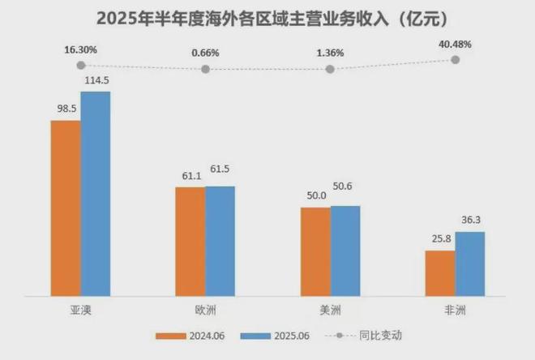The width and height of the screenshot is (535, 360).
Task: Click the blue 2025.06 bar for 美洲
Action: (345, 251)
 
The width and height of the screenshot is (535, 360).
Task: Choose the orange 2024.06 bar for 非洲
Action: (440, 274)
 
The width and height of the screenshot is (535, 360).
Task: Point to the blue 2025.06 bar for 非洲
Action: (470, 264)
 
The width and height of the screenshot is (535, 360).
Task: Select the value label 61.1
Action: (190, 176)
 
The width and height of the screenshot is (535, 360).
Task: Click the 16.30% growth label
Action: (81, 50)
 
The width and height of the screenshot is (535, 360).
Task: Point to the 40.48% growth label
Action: (456, 45)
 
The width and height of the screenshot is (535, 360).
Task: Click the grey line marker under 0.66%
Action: (205, 70)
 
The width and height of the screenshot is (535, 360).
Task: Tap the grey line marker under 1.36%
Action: (330, 70)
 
